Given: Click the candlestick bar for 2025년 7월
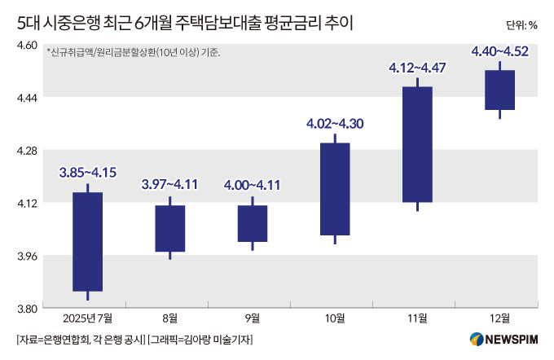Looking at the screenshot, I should click(x=87, y=241).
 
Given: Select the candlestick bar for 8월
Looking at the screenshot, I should click(x=169, y=228).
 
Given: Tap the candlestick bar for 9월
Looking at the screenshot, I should click(x=253, y=223).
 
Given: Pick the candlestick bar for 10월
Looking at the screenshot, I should click(x=335, y=189).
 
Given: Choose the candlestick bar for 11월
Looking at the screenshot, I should click(x=417, y=144).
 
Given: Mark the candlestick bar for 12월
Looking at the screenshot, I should click(x=499, y=90).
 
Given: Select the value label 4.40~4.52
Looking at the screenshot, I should click(x=499, y=52).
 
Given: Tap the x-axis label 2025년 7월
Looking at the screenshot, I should click(x=87, y=318).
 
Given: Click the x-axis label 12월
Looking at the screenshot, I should click(x=499, y=318).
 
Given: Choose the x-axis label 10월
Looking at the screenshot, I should click(x=335, y=318).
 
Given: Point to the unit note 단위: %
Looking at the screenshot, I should click(x=521, y=24).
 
